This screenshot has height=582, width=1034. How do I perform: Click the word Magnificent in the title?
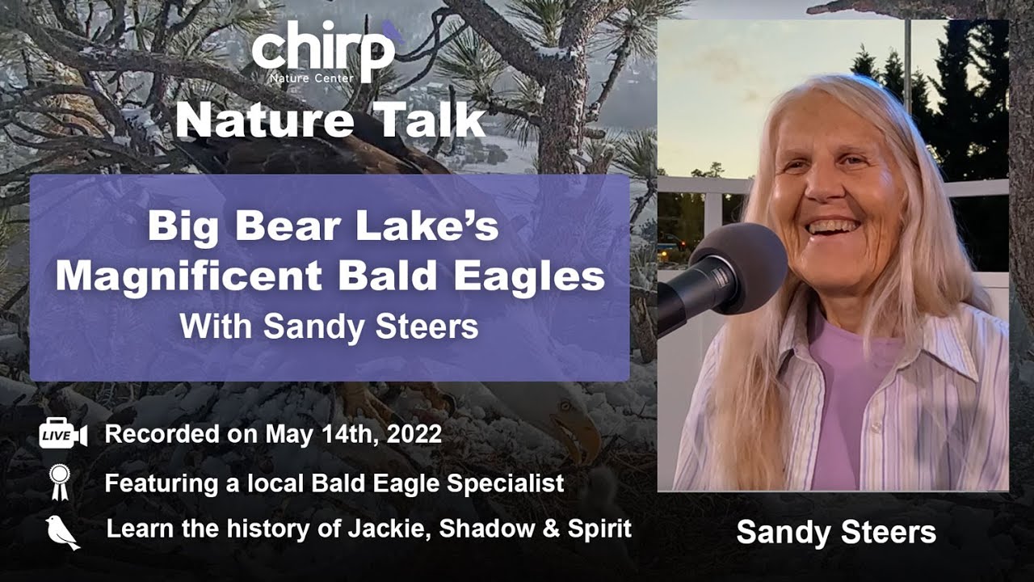pyautogui.click(x=191, y=277)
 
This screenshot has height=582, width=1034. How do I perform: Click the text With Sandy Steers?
pyautogui.click(x=329, y=327)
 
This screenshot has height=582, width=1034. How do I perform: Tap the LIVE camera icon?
pyautogui.click(x=62, y=435)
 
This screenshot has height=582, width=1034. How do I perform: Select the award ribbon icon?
pyautogui.click(x=59, y=482)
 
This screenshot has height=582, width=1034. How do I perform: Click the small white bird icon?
pyautogui.click(x=62, y=531)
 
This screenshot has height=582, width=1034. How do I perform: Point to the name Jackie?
pyautogui.click(x=384, y=529)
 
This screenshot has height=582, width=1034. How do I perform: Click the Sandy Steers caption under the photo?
pyautogui.click(x=836, y=532)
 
